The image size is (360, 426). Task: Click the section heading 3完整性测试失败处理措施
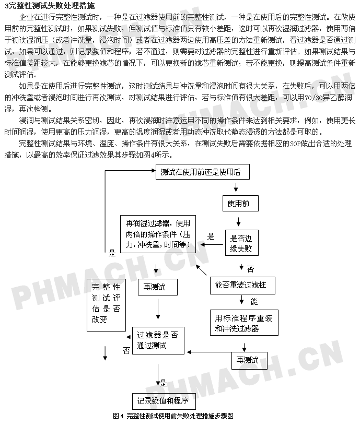50,6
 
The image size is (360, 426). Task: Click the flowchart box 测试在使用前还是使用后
203,172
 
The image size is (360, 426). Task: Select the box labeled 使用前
240,203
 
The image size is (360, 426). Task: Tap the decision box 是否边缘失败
242,243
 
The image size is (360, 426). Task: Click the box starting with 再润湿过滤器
158,234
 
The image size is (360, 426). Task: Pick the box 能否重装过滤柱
242,285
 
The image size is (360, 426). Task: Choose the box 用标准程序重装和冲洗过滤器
244,323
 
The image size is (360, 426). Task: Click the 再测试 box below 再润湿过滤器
158,287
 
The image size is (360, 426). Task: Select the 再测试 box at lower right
249,361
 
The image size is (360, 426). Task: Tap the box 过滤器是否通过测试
158,340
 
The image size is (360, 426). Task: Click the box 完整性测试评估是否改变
106,305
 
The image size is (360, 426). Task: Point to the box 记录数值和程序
164,401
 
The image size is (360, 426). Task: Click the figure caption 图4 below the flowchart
173,416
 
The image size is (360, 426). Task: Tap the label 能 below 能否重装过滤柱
254,302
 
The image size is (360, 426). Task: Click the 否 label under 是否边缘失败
250,269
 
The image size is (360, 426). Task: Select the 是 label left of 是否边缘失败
211,236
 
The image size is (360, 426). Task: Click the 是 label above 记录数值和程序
163,383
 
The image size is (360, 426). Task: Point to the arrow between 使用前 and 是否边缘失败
238,221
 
